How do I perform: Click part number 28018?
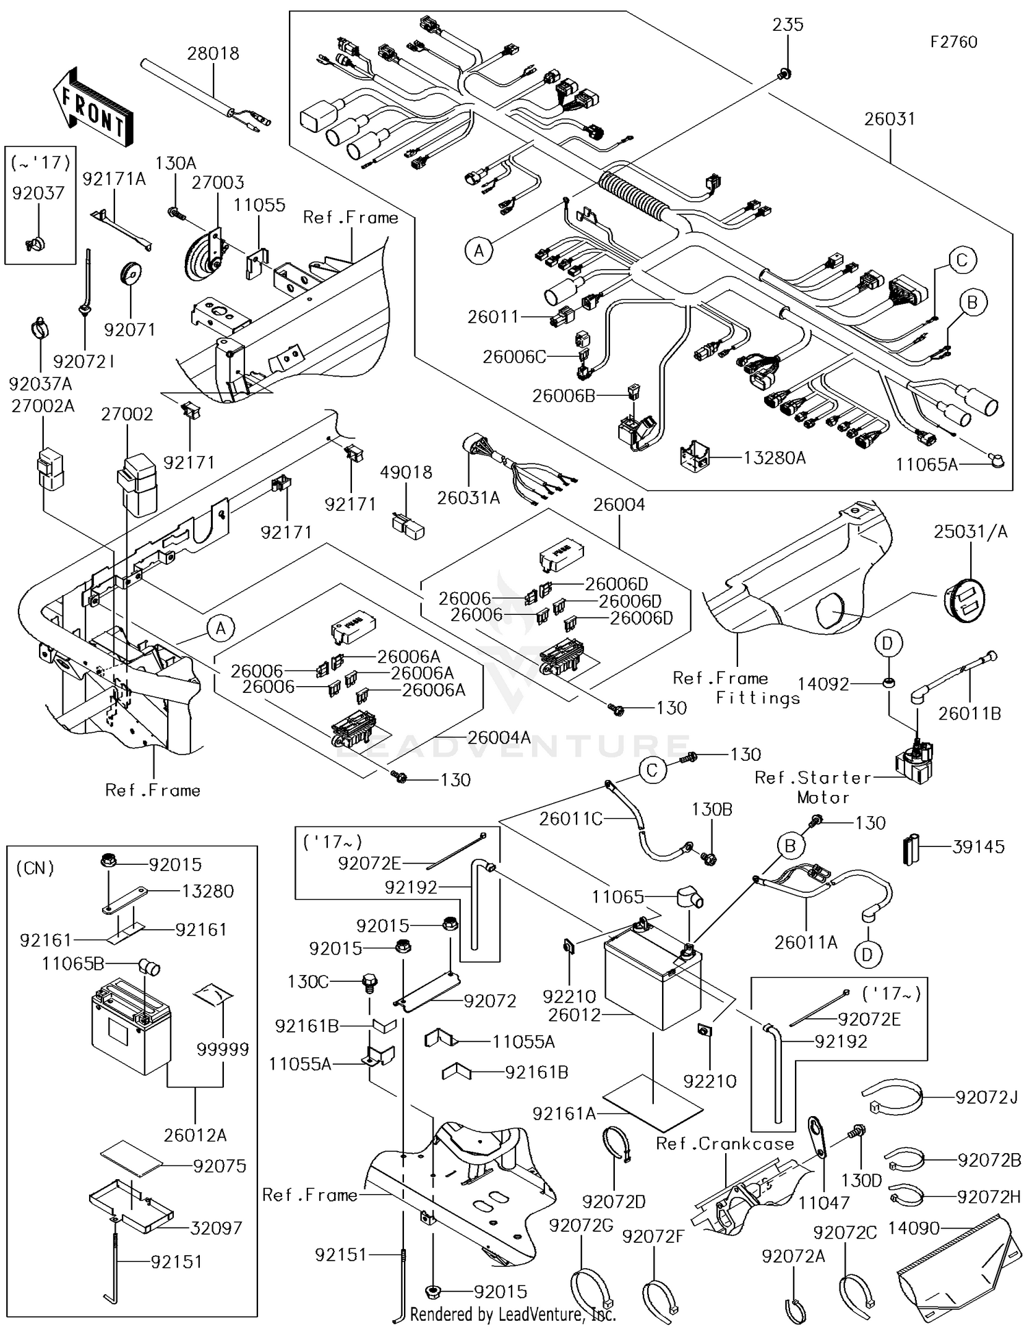point(213,53)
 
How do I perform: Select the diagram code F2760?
point(953,42)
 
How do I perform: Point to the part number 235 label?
point(787,25)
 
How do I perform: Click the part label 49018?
point(406,472)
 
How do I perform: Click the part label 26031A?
point(468,498)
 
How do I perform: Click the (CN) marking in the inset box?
point(35,868)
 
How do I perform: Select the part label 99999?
point(223,1049)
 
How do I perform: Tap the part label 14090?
point(914,1228)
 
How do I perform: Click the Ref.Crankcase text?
point(724,1144)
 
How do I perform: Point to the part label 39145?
point(978,847)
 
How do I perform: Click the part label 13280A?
point(774,458)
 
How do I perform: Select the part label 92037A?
point(40,383)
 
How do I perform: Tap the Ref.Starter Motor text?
point(813,787)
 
